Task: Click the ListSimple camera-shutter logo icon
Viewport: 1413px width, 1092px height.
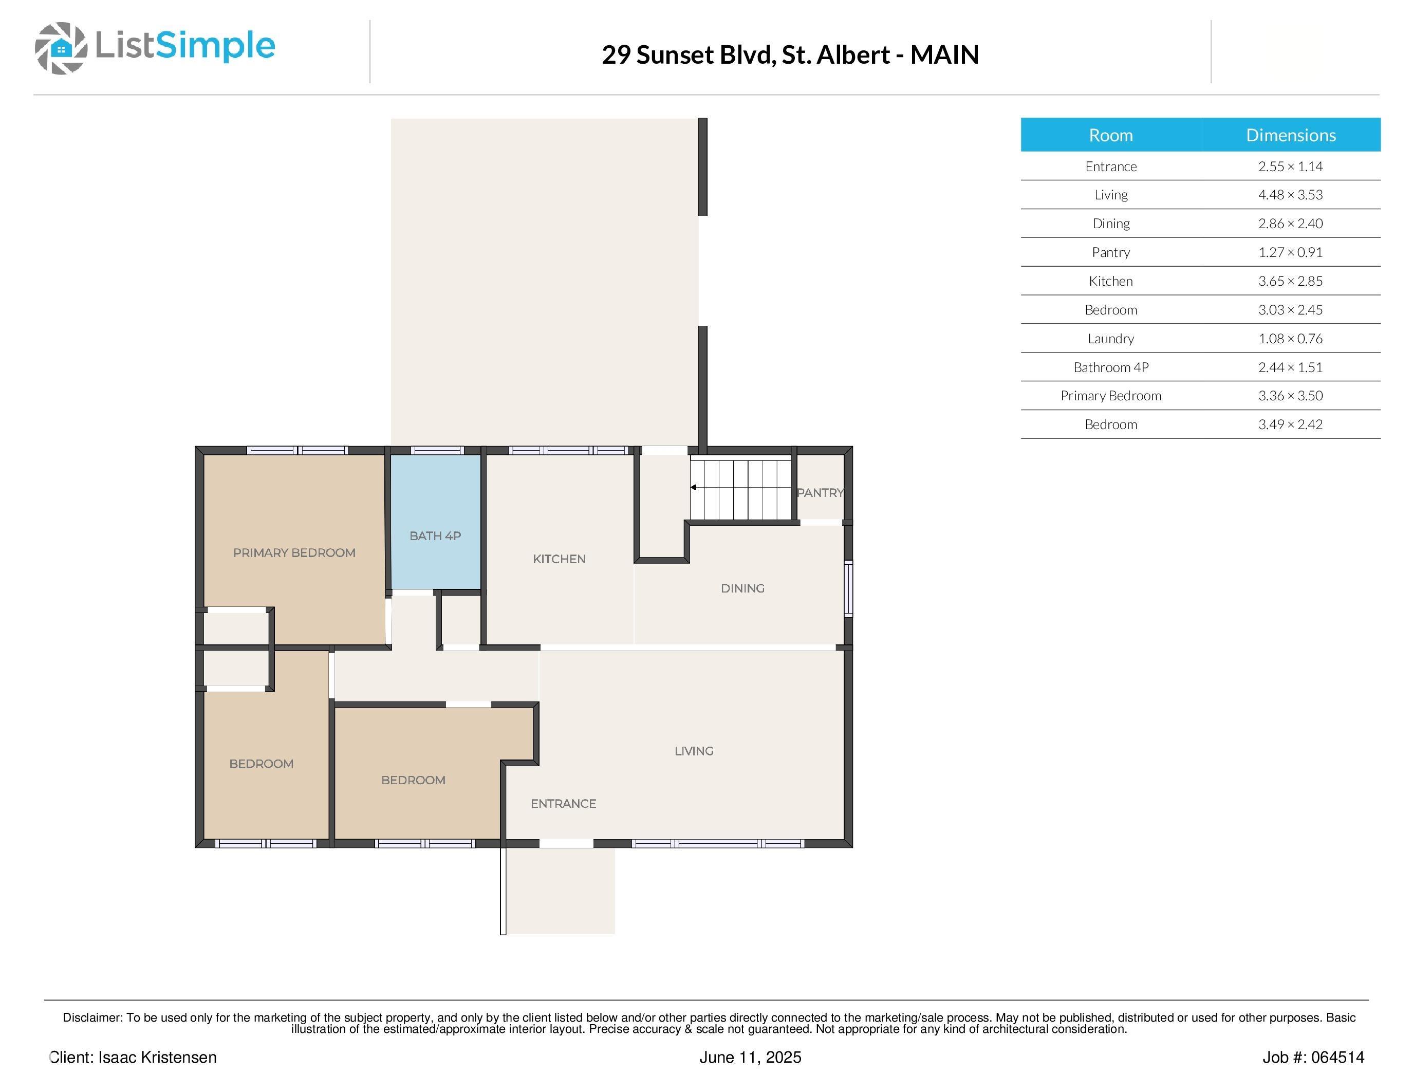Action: pos(61,48)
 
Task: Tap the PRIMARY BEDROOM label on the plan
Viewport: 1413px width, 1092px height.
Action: pos(294,552)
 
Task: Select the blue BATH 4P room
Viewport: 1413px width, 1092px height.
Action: pos(435,522)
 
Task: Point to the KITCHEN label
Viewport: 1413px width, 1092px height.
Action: pos(559,559)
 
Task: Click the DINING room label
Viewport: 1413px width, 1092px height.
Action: pos(743,588)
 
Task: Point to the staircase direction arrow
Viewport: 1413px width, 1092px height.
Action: pos(694,487)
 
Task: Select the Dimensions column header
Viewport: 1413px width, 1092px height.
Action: pos(1291,135)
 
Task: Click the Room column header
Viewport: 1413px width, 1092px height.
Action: pos(1111,135)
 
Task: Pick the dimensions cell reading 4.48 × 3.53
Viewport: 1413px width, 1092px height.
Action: pos(1291,195)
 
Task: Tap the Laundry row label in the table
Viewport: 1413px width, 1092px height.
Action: pos(1111,338)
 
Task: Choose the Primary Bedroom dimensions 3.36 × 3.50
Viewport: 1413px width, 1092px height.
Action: pos(1291,395)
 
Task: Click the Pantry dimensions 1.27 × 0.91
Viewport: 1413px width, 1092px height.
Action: pos(1291,252)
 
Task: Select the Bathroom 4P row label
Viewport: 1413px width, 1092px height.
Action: pos(1111,367)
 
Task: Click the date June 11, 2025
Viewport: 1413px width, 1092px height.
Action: pos(751,1057)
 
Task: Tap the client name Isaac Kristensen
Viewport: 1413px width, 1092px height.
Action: pos(157,1057)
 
